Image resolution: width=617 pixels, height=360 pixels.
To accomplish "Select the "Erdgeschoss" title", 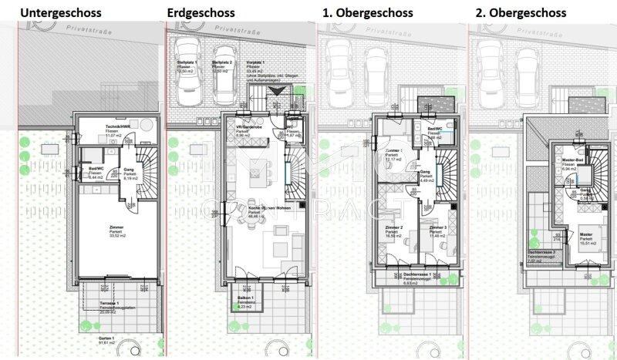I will (199, 12).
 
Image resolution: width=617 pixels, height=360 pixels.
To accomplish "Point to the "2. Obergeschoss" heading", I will (521, 12).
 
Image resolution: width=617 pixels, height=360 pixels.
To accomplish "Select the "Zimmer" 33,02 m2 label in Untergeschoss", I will (116, 228).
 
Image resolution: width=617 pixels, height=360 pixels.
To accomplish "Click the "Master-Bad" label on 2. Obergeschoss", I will (571, 160).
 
